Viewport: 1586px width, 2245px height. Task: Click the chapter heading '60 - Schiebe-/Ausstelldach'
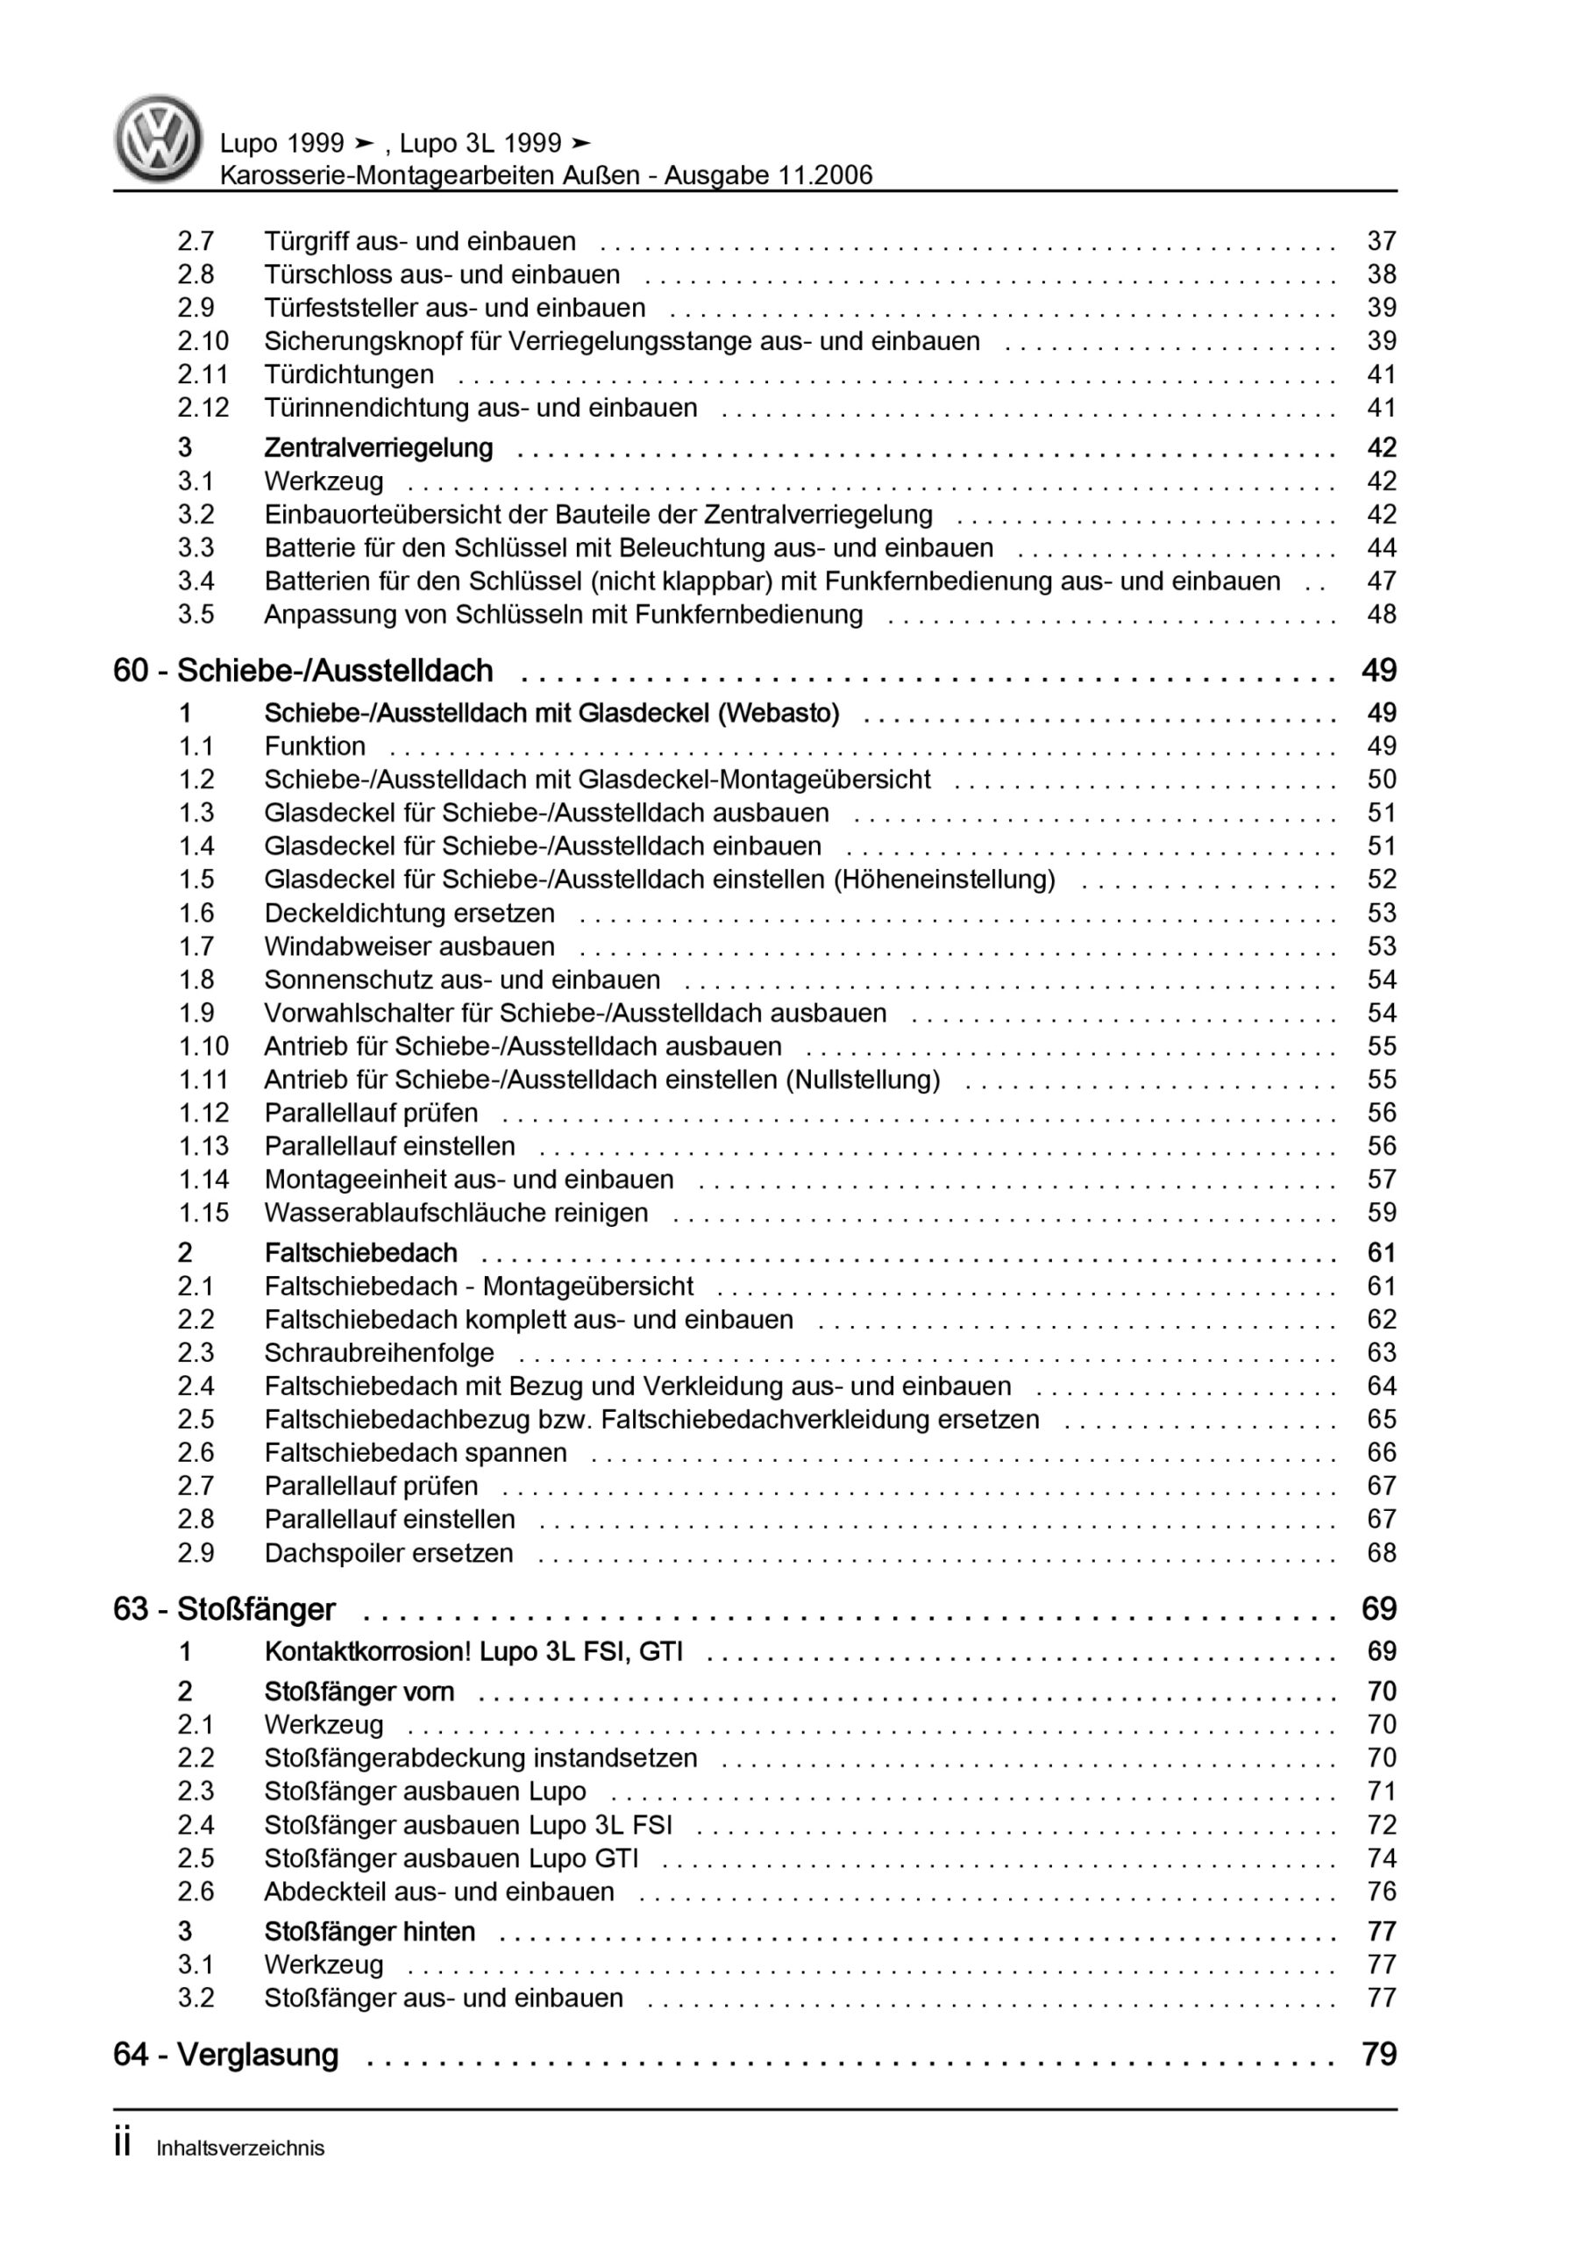303,671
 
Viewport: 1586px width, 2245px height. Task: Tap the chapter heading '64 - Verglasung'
226,2055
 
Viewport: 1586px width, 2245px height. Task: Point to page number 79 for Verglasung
1379,2055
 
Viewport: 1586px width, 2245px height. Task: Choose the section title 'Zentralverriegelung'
379,448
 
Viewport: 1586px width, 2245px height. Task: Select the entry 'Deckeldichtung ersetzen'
409,913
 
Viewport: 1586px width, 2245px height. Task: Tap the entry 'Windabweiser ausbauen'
409,946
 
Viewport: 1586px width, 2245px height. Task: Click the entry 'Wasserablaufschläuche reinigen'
456,1213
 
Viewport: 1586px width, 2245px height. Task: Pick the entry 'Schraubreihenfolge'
379,1352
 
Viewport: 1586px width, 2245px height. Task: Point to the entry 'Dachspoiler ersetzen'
388,1553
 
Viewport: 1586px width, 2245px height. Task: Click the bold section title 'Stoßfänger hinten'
370,1931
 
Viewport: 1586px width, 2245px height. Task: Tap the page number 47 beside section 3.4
1381,581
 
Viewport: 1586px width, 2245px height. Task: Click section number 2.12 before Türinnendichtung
203,408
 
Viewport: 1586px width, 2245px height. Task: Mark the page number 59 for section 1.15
1381,1213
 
